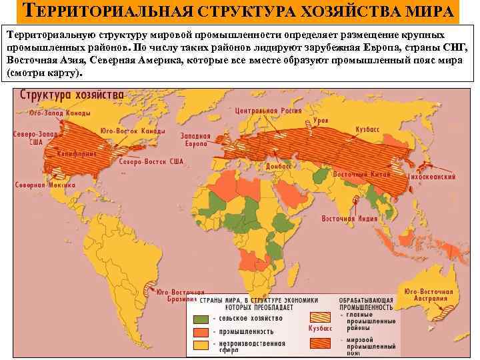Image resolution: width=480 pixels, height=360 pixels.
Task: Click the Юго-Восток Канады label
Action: coord(132,131)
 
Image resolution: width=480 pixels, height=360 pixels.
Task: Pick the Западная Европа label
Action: coord(196,139)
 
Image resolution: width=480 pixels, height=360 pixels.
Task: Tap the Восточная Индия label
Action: coord(345,218)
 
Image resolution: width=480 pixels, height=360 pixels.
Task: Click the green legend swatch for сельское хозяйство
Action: coord(203,318)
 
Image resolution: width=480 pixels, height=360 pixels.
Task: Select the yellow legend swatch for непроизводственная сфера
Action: coord(203,345)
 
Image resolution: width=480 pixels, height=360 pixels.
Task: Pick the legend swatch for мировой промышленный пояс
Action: coord(324,344)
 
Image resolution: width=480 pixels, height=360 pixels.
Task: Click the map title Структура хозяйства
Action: coord(71,95)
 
